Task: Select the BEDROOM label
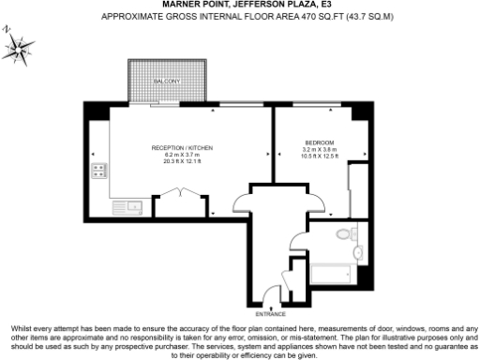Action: [319, 142]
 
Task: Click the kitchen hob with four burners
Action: [98, 171]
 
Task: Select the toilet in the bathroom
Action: [344, 235]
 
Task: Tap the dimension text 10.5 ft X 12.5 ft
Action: [319, 156]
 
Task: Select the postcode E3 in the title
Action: [325, 5]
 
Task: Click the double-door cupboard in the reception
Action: [178, 197]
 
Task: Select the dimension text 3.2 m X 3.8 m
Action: [319, 149]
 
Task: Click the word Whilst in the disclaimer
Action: [22, 328]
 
